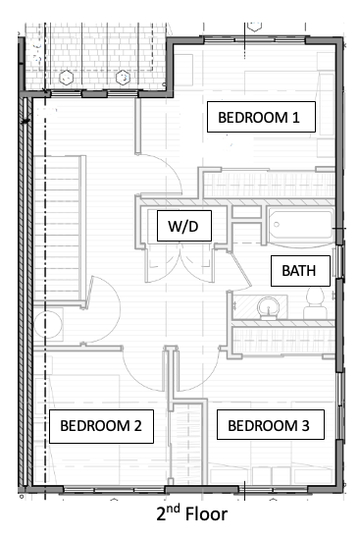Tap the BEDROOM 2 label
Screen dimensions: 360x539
click(101, 426)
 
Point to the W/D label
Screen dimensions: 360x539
click(184, 226)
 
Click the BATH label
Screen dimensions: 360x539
click(300, 271)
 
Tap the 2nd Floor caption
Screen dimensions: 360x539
click(192, 513)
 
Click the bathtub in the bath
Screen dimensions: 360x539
click(301, 227)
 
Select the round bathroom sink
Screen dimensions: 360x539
click(269, 307)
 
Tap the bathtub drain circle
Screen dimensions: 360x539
click(277, 225)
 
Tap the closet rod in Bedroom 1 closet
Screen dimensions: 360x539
click(269, 186)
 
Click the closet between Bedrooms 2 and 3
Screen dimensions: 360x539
click(189, 444)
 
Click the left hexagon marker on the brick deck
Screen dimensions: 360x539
click(66, 78)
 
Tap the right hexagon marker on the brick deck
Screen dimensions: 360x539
click(123, 78)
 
